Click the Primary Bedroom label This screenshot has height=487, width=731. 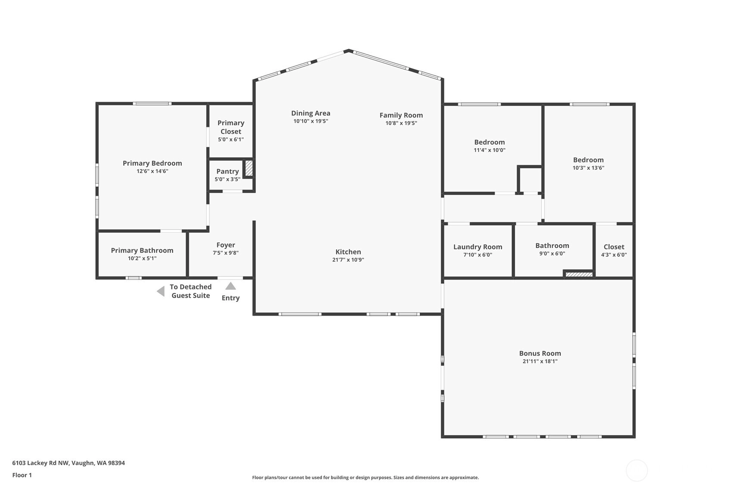(x=152, y=163)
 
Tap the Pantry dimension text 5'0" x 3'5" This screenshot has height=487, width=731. (x=227, y=179)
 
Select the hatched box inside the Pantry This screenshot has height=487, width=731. (x=249, y=168)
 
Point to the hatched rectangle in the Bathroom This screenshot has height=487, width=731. (x=579, y=275)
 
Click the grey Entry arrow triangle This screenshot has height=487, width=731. (x=230, y=286)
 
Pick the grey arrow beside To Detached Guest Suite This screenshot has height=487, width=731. (x=161, y=291)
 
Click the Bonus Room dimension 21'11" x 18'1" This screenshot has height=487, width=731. (x=540, y=361)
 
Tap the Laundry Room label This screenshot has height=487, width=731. (x=478, y=247)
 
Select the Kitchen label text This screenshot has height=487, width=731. (x=348, y=252)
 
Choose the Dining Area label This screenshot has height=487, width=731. (x=311, y=113)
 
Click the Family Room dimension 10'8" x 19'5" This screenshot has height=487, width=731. (x=401, y=123)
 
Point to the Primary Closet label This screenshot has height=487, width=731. (x=231, y=127)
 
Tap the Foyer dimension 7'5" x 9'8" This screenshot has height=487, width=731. (x=225, y=253)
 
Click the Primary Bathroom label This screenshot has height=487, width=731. (x=142, y=251)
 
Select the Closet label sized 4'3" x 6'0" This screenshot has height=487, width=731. (x=614, y=247)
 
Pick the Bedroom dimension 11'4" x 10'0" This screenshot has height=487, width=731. (x=489, y=150)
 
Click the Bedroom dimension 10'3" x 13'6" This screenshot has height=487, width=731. (x=588, y=168)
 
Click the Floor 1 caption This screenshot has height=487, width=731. (x=22, y=475)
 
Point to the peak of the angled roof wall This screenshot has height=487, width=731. (x=348, y=50)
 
